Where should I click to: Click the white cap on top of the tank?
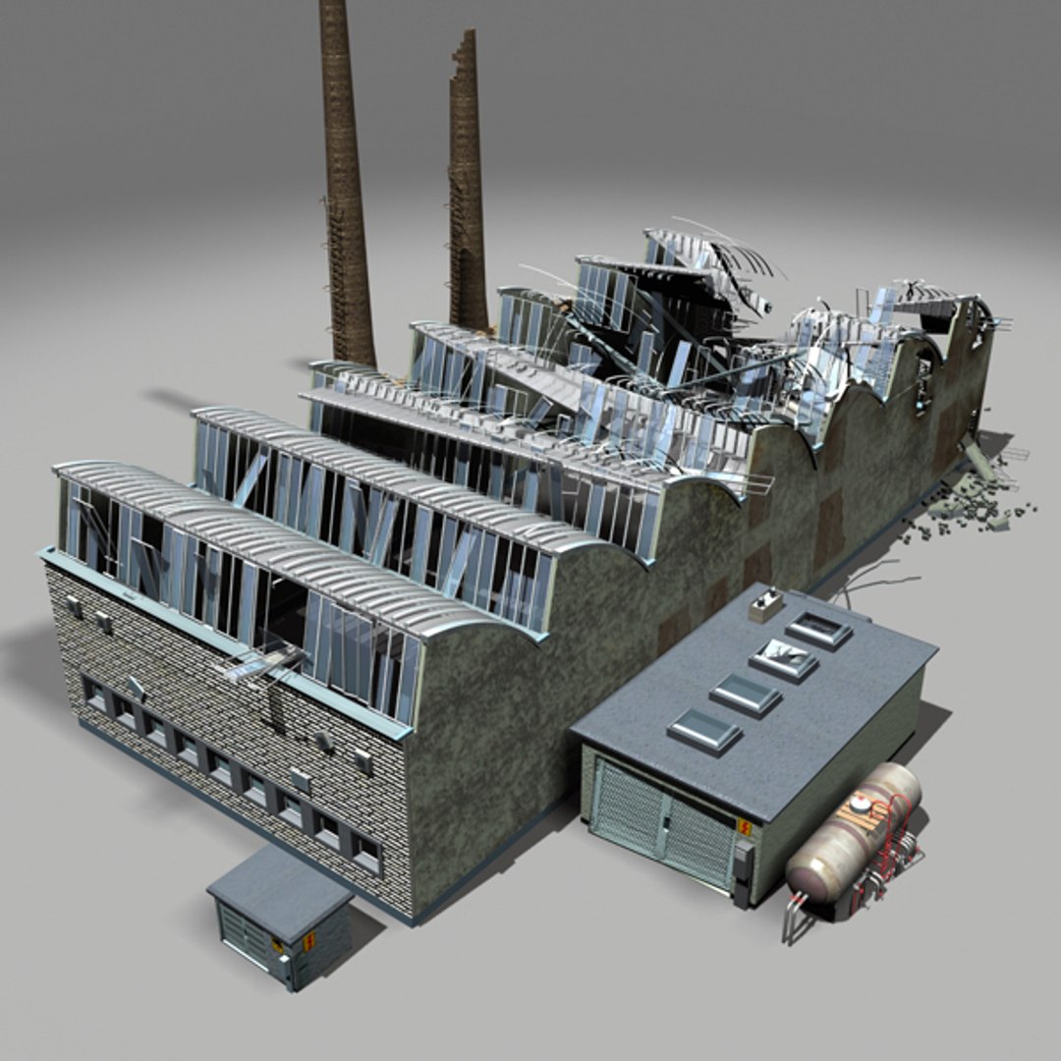coord(861,803)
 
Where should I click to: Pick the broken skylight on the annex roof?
coord(783,659)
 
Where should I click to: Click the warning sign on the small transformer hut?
coord(307,940)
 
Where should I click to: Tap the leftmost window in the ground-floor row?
coord(95,697)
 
